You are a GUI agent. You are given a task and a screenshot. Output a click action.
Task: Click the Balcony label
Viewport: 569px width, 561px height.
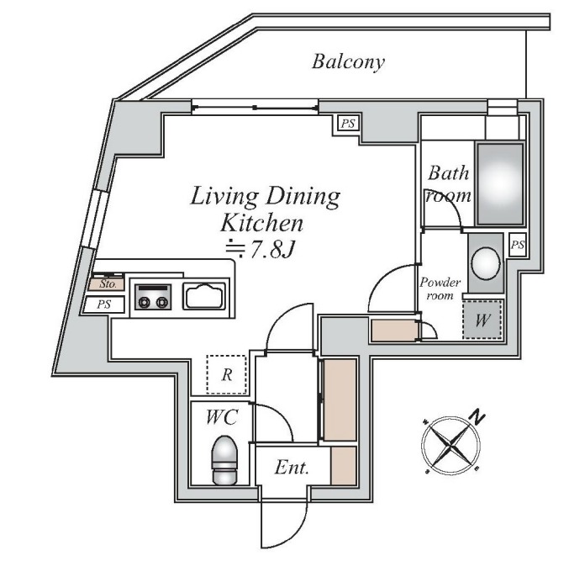(x=348, y=62)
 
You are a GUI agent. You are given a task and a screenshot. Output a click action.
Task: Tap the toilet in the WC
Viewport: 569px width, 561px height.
(x=224, y=460)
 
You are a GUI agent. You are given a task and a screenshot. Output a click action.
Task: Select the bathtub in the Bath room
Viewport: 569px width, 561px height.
(x=500, y=184)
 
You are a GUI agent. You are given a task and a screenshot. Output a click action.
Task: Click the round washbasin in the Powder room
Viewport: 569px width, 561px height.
(x=485, y=263)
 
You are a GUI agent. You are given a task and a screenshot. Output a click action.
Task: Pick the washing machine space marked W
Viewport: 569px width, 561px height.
(x=482, y=320)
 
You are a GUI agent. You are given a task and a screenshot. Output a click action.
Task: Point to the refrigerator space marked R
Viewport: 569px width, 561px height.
(x=226, y=374)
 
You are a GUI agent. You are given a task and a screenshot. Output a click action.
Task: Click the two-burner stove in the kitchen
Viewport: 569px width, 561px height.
(x=153, y=297)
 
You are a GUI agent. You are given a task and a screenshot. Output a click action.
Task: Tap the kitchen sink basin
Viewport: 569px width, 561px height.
(x=203, y=296)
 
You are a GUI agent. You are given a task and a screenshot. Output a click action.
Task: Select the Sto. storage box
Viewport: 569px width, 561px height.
(x=107, y=284)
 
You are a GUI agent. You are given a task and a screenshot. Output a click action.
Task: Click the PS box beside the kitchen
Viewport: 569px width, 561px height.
(x=104, y=304)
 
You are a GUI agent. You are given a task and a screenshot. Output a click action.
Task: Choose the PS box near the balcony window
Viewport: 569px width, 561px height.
(x=348, y=124)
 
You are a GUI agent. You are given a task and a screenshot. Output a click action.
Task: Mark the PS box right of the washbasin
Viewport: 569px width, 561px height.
(x=518, y=245)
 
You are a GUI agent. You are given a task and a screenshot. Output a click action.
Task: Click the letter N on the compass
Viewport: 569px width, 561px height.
(x=478, y=417)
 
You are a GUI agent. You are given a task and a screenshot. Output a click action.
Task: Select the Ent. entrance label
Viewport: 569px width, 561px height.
(x=292, y=468)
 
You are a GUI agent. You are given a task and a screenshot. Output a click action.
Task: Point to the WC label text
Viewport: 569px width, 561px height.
(x=222, y=417)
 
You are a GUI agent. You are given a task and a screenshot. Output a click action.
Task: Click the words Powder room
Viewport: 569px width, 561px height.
(x=440, y=288)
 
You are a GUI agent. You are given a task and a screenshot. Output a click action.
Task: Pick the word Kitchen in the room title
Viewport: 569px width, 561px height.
(x=261, y=223)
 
